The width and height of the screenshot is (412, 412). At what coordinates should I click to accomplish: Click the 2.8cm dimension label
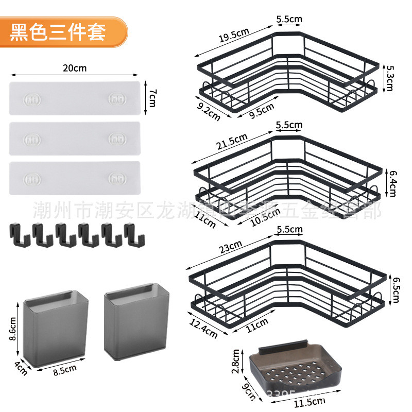point(235,362)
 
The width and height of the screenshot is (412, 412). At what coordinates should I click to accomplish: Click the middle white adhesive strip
point(75,138)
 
